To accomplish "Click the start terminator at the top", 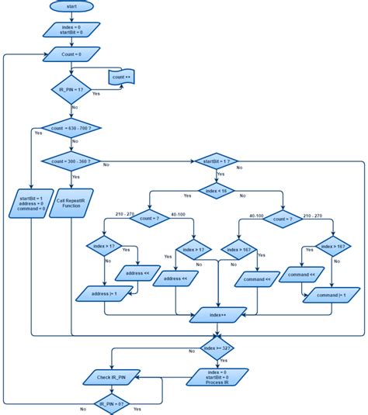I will tap(71, 6).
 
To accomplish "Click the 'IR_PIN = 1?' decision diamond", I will tap(71, 90).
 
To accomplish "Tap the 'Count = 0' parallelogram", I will tap(71, 55).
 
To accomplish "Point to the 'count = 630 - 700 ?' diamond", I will tap(71, 126).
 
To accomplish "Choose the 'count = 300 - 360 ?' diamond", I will tap(71, 162).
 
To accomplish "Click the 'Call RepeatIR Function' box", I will tap(71, 203).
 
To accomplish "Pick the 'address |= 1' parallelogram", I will tap(106, 293).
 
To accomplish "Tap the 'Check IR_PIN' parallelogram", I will tap(112, 377).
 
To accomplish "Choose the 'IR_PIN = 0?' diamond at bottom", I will tap(112, 404).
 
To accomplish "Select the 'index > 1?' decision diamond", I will tap(106, 247).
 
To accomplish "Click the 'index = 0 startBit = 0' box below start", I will tap(71, 29).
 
